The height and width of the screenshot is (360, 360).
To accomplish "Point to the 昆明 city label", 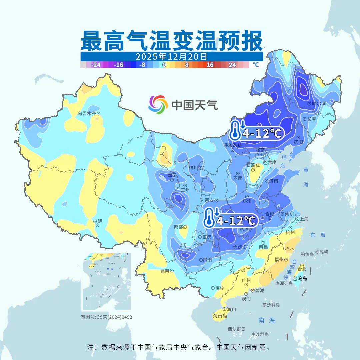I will [x=165, y=271].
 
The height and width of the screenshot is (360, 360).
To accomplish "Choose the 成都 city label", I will [x=179, y=227].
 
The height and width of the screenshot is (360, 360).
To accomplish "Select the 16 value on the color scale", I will [x=210, y=65].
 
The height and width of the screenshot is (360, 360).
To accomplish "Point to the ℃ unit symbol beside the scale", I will [x=255, y=65].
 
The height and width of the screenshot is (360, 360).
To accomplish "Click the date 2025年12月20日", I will [x=171, y=56].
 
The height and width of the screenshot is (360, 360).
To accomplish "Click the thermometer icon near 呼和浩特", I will [x=235, y=130].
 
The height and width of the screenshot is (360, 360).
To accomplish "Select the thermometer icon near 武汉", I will [x=209, y=217].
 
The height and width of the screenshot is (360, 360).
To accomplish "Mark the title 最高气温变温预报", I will [x=171, y=40].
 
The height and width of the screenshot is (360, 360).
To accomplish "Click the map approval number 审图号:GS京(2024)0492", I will [x=107, y=317].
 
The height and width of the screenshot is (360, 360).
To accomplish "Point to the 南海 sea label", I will [x=267, y=320].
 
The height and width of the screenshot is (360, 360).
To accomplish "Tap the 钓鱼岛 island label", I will [x=307, y=254].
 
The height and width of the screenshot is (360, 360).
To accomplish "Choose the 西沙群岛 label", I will [x=237, y=329].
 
